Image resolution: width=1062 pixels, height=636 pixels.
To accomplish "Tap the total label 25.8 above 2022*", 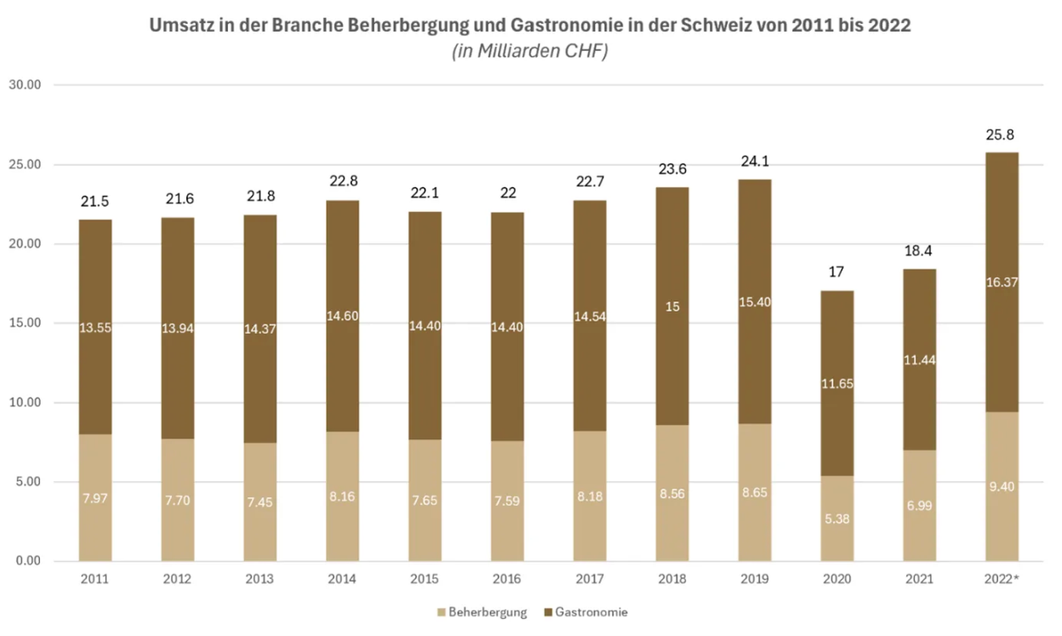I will (1001, 135).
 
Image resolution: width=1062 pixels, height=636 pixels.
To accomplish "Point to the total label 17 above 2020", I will (836, 273).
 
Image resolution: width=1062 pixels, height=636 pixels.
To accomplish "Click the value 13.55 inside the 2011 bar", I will (95, 328).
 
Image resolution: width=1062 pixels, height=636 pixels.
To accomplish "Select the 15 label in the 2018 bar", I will (671, 307).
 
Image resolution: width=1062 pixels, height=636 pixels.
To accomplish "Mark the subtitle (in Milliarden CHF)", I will (530, 51).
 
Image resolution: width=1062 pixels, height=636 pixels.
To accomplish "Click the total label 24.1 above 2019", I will (754, 162).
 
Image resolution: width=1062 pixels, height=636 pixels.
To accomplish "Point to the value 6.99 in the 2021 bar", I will (919, 505).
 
